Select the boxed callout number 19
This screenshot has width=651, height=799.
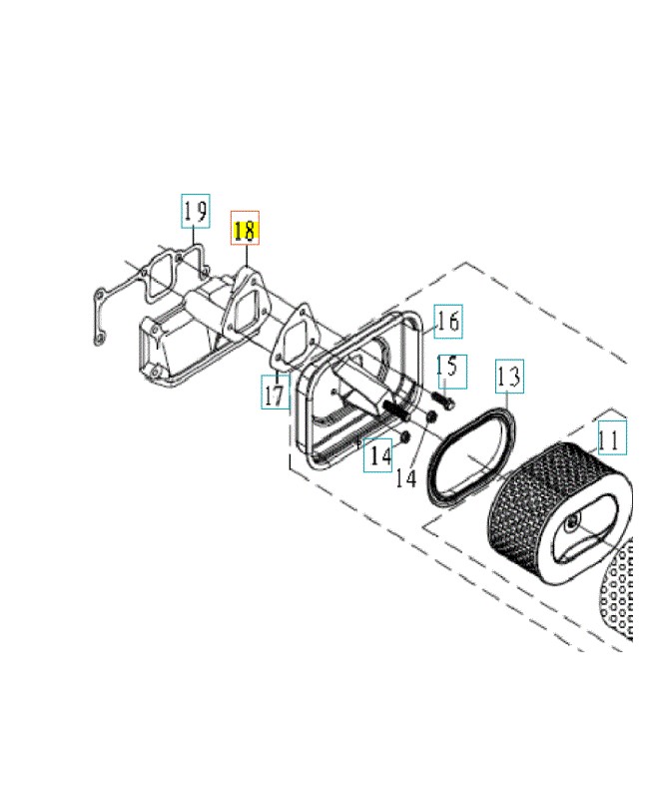click(x=196, y=211)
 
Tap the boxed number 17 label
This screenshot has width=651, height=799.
click(x=276, y=392)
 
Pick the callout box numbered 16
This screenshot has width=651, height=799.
click(x=448, y=321)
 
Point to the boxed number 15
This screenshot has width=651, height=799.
click(x=451, y=372)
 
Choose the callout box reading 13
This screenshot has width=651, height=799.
click(x=509, y=377)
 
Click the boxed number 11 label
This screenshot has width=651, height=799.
click(x=612, y=437)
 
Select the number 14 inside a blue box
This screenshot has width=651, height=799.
click(x=378, y=455)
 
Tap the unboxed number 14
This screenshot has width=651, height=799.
click(x=406, y=478)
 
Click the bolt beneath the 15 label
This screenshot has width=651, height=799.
click(x=443, y=399)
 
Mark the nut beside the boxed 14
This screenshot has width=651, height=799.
click(x=405, y=437)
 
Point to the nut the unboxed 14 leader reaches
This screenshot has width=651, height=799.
click(x=431, y=417)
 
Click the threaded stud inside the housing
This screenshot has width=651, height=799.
click(x=395, y=409)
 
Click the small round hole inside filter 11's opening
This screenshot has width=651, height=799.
click(x=572, y=521)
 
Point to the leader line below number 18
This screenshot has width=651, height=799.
click(x=246, y=256)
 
